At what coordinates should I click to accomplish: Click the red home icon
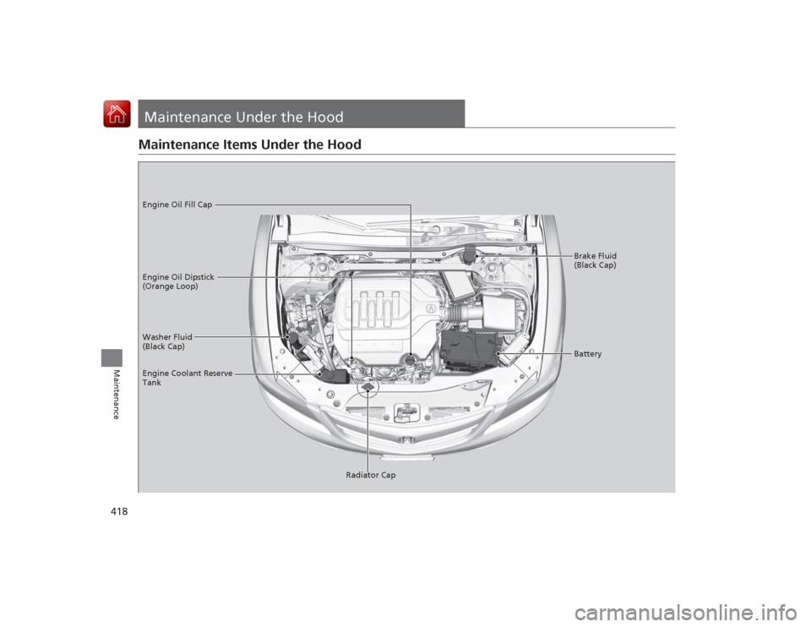tap(117, 114)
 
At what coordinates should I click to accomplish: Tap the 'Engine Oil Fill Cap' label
tap(177, 204)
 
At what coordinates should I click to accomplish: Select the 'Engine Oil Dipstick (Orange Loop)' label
tap(177, 281)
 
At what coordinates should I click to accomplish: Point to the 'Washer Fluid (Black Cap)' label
tap(167, 341)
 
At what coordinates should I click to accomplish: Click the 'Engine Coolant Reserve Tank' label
tap(188, 378)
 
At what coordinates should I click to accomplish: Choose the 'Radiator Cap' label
tap(370, 475)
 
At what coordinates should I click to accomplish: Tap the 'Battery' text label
tap(587, 354)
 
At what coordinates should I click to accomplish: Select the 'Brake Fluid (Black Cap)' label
tap(595, 260)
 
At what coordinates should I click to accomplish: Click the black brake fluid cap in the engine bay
tap(471, 253)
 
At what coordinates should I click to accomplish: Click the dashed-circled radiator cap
tap(368, 389)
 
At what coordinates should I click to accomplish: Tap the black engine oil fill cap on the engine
tap(410, 360)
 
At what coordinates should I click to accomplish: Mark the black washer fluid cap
tap(293, 339)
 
